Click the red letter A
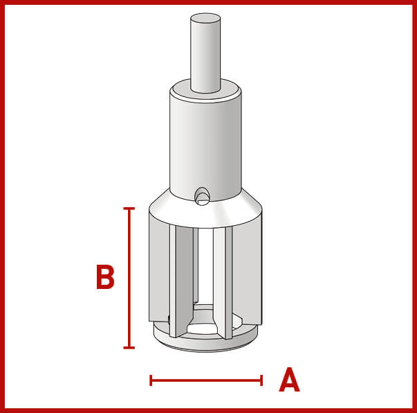tap(289, 380)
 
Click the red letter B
tap(105, 277)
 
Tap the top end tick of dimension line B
tap(129, 209)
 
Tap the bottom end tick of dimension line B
tap(129, 347)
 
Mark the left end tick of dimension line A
tap(151, 380)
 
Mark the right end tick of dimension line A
tap(261, 380)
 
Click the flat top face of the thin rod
tap(205, 18)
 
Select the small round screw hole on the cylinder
tap(202, 196)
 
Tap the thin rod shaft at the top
tap(205, 53)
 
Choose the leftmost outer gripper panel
tap(159, 267)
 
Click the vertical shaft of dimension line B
tap(129, 278)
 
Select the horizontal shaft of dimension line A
tap(206, 380)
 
